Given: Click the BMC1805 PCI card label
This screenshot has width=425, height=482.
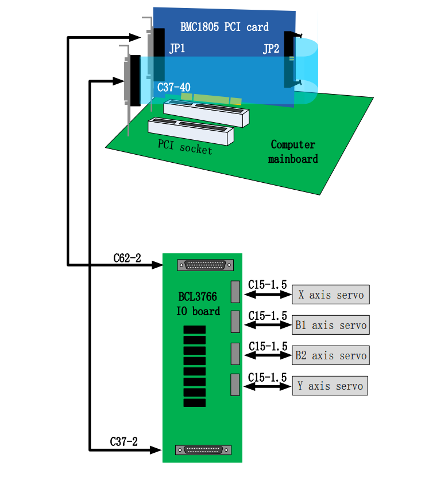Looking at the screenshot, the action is pos(224,27).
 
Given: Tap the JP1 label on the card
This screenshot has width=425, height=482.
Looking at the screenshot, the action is pos(177,48).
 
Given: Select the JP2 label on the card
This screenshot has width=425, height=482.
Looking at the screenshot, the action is pos(271,49).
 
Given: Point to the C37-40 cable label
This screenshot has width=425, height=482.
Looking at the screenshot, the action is pos(173,87).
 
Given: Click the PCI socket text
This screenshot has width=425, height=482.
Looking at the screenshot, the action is pos(185,147).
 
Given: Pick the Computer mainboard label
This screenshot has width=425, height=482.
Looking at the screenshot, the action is pos(293,151).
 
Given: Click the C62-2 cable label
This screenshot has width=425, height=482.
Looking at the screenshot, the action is pos(127,258).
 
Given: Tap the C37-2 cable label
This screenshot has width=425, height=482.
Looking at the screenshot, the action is pos(124,442).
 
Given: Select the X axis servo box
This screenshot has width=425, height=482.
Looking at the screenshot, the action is pos(331,295).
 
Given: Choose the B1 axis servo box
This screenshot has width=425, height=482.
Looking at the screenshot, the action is pos(331,325).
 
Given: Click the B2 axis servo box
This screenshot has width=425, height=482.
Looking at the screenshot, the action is pos(331,355).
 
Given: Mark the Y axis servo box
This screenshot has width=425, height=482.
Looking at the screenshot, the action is pos(330,386).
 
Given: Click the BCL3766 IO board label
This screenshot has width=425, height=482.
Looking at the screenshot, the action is pos(198,304).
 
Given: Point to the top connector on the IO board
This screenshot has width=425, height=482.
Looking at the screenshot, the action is pos(206,265).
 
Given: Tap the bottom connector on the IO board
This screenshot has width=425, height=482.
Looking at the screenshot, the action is pos(203,450).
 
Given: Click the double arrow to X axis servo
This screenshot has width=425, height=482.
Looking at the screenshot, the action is pos(268,295).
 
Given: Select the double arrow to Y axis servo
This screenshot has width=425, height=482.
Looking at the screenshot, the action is pos(268,386).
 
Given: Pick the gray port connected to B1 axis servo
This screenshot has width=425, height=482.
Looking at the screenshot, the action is pos(235,322).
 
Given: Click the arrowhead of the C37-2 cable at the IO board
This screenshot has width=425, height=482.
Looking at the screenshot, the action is pos(156,450).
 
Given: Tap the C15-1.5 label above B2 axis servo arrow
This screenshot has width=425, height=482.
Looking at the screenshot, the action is pos(268,346).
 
